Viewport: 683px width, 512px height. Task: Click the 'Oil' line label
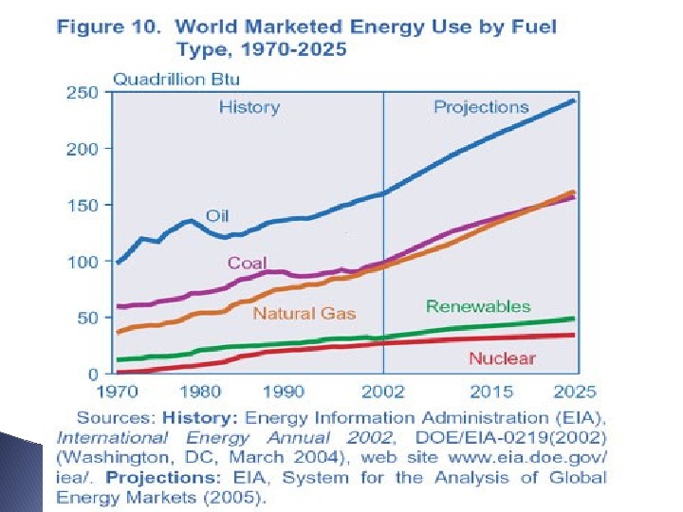tap(217, 216)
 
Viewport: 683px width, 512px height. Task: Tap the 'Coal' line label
tap(247, 263)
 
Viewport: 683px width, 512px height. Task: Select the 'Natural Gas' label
tap(304, 313)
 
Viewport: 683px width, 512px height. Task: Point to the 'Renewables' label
tap(478, 306)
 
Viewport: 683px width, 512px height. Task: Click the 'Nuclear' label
tap(502, 358)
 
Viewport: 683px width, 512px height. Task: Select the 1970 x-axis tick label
tap(120, 391)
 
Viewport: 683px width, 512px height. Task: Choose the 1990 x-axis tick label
tap(283, 391)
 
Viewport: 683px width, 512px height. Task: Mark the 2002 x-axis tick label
tap(382, 391)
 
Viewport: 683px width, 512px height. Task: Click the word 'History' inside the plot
tap(249, 107)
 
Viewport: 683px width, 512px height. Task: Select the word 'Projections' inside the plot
tap(481, 107)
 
